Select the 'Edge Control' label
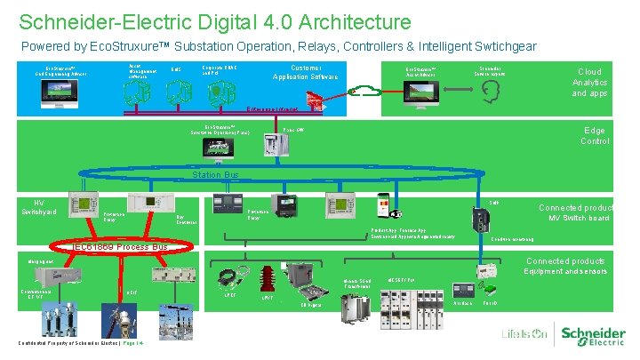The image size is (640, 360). pyautogui.click(x=595, y=135)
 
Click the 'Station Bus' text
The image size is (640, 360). pyautogui.click(x=216, y=175)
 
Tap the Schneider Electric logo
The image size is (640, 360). pyautogui.click(x=591, y=334)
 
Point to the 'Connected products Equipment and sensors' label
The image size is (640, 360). pyautogui.click(x=564, y=266)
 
